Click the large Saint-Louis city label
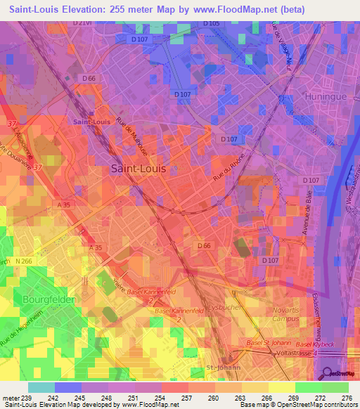139,169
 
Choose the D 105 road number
211,24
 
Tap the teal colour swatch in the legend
41,387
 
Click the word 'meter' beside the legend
10,397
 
